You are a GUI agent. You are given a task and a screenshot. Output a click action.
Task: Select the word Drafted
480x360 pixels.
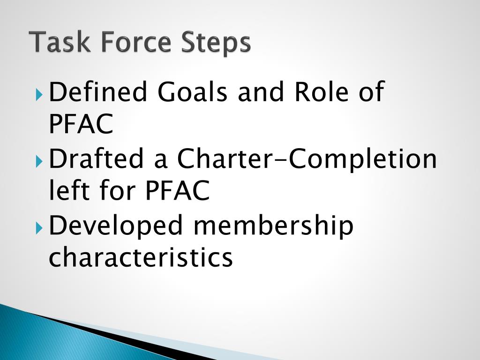[97, 160]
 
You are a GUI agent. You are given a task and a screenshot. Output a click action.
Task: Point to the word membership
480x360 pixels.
[273, 226]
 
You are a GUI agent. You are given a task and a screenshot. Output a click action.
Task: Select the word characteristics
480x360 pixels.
[141, 257]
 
